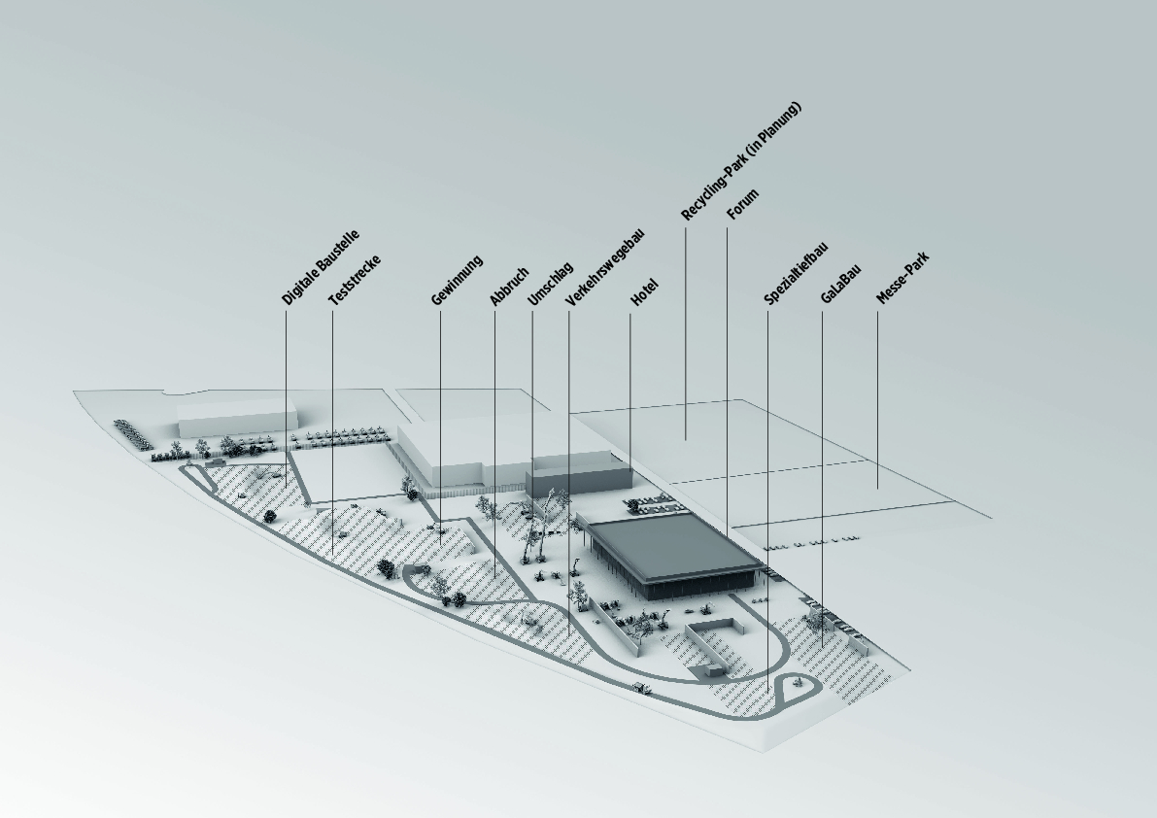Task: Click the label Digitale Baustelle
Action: pos(321,267)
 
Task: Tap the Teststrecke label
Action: pos(355,281)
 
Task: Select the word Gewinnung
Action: pos(457,281)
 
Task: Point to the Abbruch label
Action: pos(509,287)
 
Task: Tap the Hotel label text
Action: pos(644,292)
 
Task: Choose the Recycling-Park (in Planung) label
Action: pos(741,161)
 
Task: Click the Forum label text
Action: pos(742,204)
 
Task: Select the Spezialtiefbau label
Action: pos(797,274)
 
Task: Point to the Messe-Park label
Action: pos(902,278)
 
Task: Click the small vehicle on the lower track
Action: pos(641,688)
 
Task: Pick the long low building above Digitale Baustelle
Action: pos(237,418)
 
